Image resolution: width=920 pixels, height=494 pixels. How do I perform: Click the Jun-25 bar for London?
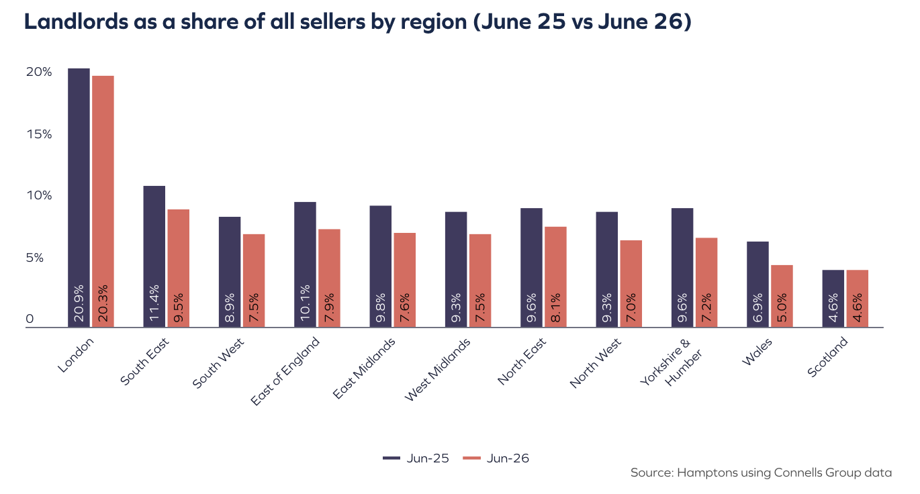point(79,197)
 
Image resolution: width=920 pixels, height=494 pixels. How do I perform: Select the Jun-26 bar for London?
point(103,201)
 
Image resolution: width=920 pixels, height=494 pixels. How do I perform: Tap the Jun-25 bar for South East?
point(154,256)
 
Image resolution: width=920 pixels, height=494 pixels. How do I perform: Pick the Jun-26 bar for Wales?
point(782,296)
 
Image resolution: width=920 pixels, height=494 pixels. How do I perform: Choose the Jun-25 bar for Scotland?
point(833,299)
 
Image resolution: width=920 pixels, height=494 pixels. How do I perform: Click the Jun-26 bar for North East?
point(556,277)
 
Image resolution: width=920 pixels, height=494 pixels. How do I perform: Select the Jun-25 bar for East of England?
point(305,264)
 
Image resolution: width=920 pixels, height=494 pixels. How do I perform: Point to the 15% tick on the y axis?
point(40,134)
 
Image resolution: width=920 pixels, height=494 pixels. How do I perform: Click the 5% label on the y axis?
point(34,258)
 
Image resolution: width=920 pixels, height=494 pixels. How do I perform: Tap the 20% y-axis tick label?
point(39,72)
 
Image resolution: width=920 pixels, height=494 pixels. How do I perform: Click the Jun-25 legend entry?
point(416,458)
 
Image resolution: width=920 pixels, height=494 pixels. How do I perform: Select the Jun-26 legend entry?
point(496,458)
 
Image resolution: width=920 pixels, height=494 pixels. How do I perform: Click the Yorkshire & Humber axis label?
point(671,362)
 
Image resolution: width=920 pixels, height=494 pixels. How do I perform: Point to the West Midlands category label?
point(437,370)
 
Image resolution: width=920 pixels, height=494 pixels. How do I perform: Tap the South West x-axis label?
point(218,363)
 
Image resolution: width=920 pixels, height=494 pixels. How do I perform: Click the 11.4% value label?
point(154,303)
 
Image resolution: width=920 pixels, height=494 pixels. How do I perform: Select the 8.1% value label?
point(556,307)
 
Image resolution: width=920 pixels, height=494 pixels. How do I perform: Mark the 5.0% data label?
point(782,307)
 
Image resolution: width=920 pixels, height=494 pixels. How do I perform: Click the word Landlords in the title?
point(77,21)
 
